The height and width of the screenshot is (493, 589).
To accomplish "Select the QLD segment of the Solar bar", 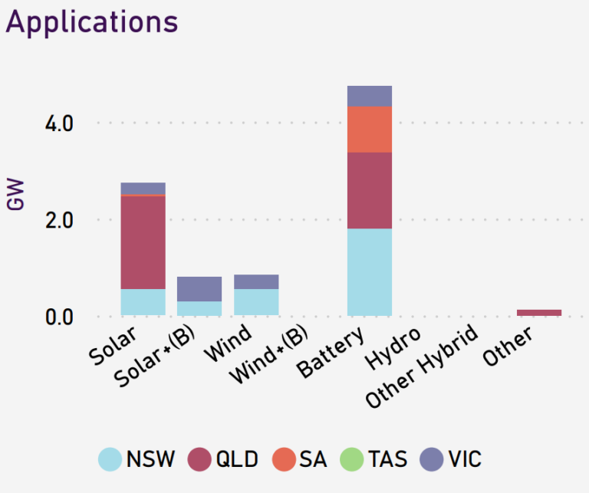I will (143, 242).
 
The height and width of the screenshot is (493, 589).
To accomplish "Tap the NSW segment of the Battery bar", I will (369, 272).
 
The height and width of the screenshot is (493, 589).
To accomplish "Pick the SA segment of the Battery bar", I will (369, 130).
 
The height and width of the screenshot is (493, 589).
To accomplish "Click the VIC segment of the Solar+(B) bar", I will (199, 289).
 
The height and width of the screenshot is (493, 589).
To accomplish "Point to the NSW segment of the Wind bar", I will (256, 302).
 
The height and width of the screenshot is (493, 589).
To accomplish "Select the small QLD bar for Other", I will (539, 313).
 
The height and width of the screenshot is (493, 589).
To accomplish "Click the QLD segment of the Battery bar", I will (369, 190).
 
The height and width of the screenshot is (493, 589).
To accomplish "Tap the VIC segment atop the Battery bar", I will (369, 96).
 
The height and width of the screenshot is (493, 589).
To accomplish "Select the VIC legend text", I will (466, 459).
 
